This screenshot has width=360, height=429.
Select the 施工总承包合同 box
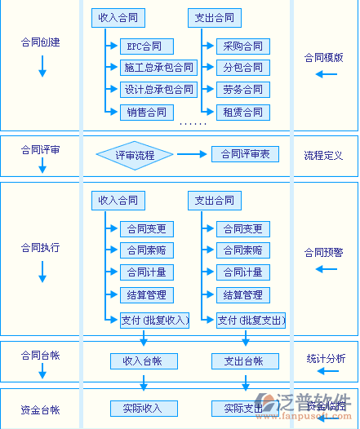click(x=158, y=68)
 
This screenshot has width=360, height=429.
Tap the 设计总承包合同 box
click(x=158, y=90)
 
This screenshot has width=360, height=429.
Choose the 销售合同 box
click(x=146, y=112)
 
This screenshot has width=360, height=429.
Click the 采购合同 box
click(x=242, y=46)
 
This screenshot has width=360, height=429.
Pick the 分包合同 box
click(x=242, y=68)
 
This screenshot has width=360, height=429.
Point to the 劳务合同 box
click(x=242, y=90)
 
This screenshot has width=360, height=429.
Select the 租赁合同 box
click(x=242, y=112)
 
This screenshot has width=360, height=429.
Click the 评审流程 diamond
click(x=134, y=154)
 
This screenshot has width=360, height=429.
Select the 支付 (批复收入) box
click(x=154, y=321)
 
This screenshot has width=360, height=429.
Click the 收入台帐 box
click(x=144, y=360)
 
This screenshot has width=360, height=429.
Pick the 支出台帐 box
click(x=242, y=360)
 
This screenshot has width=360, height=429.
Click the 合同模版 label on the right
click(x=323, y=58)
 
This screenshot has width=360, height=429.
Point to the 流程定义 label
click(x=323, y=155)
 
